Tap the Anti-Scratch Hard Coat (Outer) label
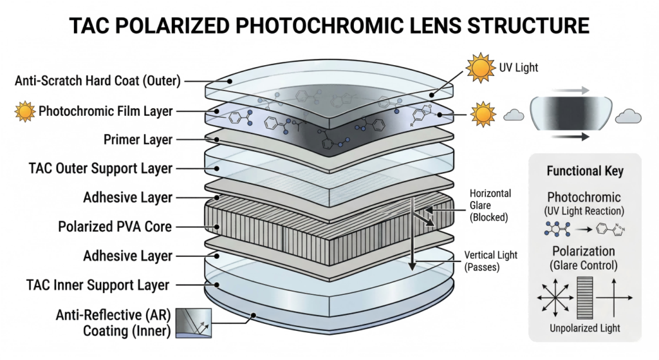pyautogui.click(x=97, y=81)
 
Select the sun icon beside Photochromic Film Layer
pyautogui.click(x=24, y=111)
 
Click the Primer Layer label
pyautogui.click(x=138, y=140)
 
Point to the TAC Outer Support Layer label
pyautogui.click(x=100, y=168)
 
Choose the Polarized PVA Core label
pyautogui.click(x=118, y=227)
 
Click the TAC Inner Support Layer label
pyautogui.click(x=98, y=285)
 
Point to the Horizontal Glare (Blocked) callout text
pyautogui.click(x=490, y=205)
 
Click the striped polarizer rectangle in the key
pyautogui.click(x=584, y=298)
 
